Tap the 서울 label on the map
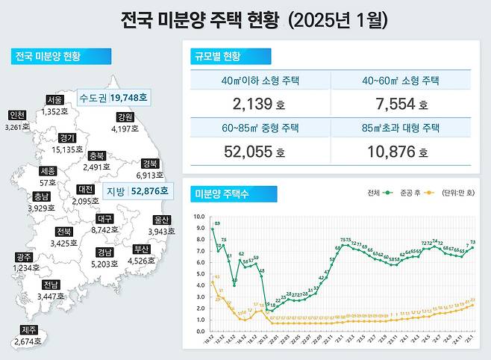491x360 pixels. pos(54,99)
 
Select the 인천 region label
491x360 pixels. pos(16,115)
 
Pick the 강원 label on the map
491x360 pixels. pos(125,117)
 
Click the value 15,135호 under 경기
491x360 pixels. pos(67,149)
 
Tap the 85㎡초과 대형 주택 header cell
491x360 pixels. pos(401,128)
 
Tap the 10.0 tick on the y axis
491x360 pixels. pos(198,217)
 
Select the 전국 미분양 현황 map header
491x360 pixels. pos(60,57)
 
